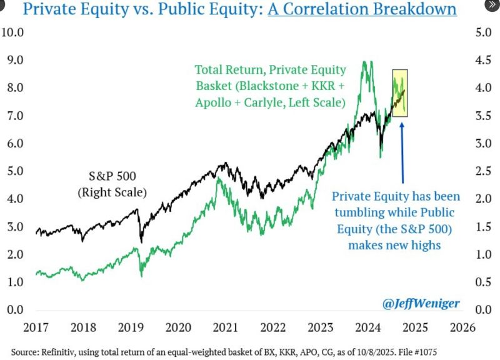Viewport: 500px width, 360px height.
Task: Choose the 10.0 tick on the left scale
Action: pyautogui.click(x=13, y=32)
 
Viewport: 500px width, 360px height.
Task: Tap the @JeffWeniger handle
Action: pyautogui.click(x=421, y=304)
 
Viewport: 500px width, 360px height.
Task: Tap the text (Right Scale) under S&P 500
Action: pyautogui.click(x=112, y=193)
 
